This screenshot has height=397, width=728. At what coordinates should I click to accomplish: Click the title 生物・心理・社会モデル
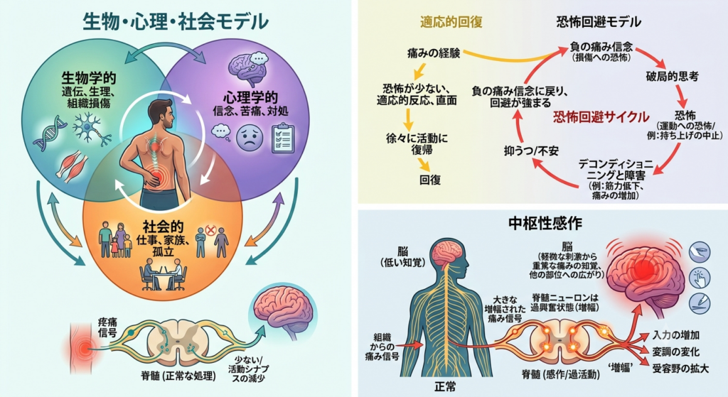(x=176, y=22)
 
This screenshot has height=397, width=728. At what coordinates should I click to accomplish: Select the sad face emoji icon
(x=250, y=137)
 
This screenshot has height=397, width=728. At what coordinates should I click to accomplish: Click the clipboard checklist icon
(x=282, y=138)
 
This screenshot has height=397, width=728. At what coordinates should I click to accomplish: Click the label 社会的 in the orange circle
(x=163, y=227)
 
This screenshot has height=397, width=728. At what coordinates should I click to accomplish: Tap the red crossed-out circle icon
(x=210, y=229)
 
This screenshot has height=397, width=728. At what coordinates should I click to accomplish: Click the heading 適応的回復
(x=451, y=22)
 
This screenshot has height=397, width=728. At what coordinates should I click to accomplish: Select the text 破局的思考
(x=672, y=77)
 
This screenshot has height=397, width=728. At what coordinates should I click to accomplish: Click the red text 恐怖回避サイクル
(x=601, y=117)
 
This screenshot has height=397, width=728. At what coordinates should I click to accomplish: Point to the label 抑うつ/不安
(x=531, y=151)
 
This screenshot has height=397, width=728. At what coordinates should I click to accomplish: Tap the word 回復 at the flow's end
(x=430, y=180)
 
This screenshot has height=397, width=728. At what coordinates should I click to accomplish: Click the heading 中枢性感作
(x=545, y=224)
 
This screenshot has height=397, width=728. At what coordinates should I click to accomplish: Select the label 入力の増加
(x=675, y=335)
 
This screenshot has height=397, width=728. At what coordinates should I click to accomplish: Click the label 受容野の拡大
(x=680, y=369)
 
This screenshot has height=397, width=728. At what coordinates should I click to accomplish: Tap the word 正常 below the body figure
(x=445, y=386)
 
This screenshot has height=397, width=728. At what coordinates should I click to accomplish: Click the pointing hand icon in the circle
(x=700, y=278)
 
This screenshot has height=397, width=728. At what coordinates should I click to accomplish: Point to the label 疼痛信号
(x=107, y=327)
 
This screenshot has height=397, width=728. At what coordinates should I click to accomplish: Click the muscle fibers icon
(x=72, y=166)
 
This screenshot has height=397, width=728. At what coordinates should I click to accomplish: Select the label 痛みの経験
(x=434, y=53)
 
